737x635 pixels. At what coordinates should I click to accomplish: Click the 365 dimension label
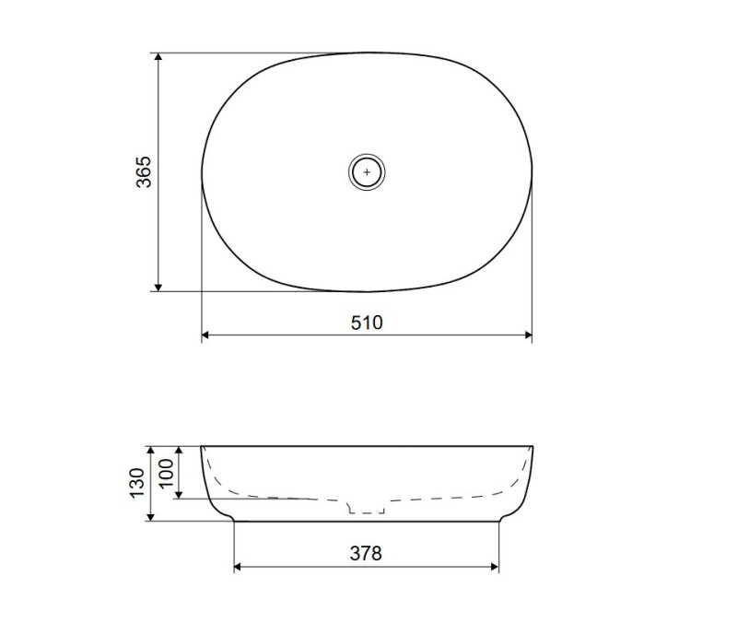[x=144, y=172]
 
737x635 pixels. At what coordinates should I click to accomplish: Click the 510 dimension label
[x=367, y=323]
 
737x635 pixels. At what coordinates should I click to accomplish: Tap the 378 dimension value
[x=366, y=554]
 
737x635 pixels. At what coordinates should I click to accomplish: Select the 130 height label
[x=136, y=483]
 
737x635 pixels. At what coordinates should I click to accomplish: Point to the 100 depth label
[x=167, y=474]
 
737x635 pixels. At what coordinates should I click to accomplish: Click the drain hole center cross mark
[x=367, y=172]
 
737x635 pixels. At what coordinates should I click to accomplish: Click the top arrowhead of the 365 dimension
[x=158, y=57]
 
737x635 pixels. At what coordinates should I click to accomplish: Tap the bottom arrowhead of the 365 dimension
[x=158, y=287]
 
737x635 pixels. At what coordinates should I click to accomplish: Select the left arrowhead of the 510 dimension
[x=205, y=335]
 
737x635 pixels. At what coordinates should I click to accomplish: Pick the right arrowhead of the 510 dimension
[x=528, y=335]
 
